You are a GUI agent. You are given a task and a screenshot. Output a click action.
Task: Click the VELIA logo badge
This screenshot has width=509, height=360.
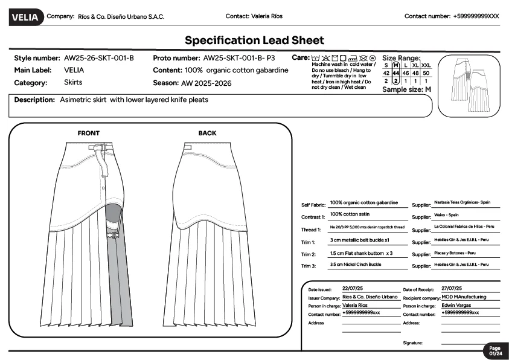(x=25, y=18)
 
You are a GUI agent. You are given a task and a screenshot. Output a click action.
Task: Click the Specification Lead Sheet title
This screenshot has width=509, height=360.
(x=254, y=40)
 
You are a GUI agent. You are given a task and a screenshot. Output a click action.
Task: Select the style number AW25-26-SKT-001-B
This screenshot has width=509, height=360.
(x=98, y=59)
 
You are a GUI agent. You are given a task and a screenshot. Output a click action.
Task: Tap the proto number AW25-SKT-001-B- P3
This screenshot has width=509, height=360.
(x=239, y=59)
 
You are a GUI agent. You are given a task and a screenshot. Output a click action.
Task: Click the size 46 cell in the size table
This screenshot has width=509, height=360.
(x=406, y=73)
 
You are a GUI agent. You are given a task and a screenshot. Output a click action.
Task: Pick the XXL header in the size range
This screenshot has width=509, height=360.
(x=426, y=65)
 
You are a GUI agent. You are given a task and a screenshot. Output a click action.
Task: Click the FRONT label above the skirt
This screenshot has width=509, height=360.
(x=89, y=133)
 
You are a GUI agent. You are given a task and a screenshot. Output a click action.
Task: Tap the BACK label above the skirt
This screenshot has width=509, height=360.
(x=207, y=133)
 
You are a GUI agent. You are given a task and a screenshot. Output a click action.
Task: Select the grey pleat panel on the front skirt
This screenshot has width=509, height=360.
(x=123, y=278)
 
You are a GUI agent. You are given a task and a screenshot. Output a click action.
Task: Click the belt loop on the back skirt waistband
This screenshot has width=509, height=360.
(x=188, y=147)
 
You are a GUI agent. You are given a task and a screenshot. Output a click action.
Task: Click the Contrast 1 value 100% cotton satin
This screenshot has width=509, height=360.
(x=350, y=214)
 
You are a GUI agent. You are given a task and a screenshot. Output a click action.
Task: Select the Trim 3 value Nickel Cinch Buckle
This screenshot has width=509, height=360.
(x=356, y=265)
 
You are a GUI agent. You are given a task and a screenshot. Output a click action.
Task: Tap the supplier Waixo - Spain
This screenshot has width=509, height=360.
(x=446, y=215)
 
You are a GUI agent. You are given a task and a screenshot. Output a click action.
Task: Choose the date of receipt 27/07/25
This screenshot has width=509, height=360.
(x=452, y=289)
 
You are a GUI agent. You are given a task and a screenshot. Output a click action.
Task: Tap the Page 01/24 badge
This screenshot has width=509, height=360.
(x=495, y=351)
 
